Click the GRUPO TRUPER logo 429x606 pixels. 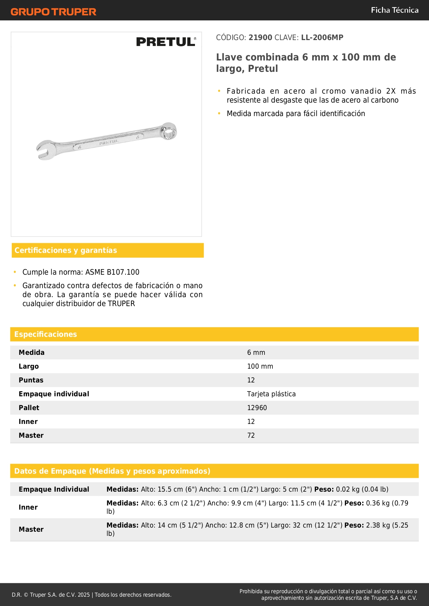53,12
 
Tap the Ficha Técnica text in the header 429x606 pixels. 394,10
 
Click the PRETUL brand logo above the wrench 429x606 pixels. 166,42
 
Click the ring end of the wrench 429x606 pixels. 169,131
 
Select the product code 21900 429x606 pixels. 260,38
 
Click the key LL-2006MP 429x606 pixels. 322,38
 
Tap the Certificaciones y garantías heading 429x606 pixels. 66,250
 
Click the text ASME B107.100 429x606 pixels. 112,272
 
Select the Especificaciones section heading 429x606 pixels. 46,334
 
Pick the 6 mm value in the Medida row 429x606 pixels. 256,353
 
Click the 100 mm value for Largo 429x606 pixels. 260,367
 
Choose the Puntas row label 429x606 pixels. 31,380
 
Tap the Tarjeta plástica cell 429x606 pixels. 271,394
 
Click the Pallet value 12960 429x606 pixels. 257,408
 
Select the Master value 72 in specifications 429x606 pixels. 251,436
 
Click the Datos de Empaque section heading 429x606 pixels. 112,471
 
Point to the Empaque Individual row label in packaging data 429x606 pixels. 54,490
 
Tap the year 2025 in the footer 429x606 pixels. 84,595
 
